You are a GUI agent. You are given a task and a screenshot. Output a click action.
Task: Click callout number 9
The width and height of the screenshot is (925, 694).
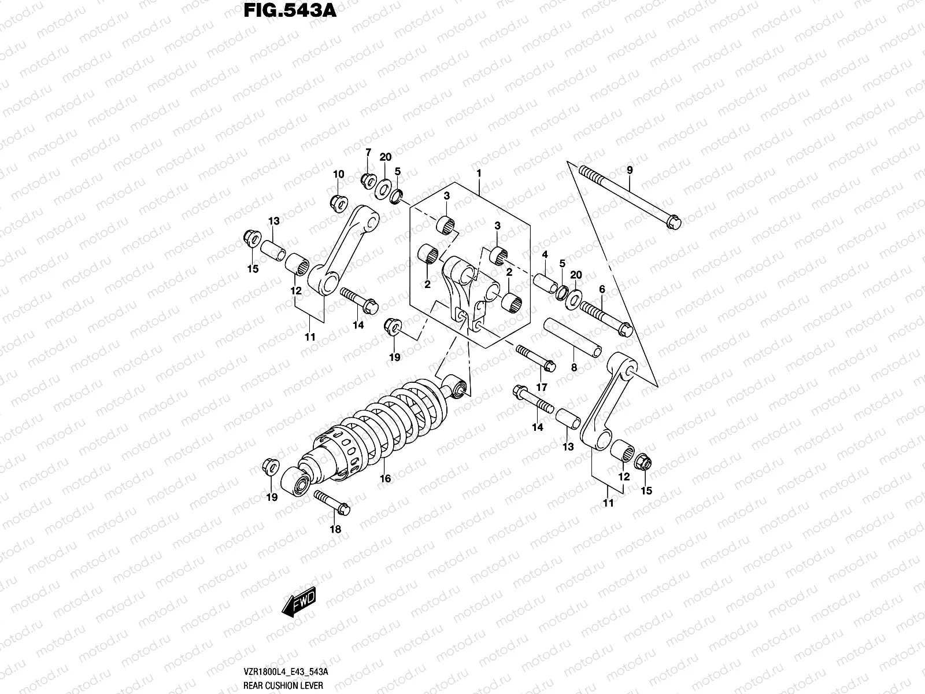click(x=630, y=170)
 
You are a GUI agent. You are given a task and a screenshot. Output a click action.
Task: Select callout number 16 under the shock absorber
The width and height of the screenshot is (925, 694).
click(x=386, y=478)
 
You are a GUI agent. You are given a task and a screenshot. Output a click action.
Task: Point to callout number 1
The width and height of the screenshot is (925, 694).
click(x=479, y=173)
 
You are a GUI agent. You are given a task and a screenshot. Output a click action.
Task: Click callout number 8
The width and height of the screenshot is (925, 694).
click(x=574, y=367)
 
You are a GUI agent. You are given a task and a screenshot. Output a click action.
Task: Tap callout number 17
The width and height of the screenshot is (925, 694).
click(x=542, y=387)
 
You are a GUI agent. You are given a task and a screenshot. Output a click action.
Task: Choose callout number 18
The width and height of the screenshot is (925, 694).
click(x=335, y=529)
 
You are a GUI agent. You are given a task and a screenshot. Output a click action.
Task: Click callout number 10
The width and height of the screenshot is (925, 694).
click(x=338, y=174)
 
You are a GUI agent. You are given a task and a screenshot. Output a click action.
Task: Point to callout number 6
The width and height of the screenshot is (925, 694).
click(x=602, y=289)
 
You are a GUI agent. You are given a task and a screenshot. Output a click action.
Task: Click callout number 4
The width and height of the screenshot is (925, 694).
click(x=545, y=254)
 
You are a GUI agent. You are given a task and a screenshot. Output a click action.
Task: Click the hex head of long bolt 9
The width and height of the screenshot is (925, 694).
click(x=674, y=221)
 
